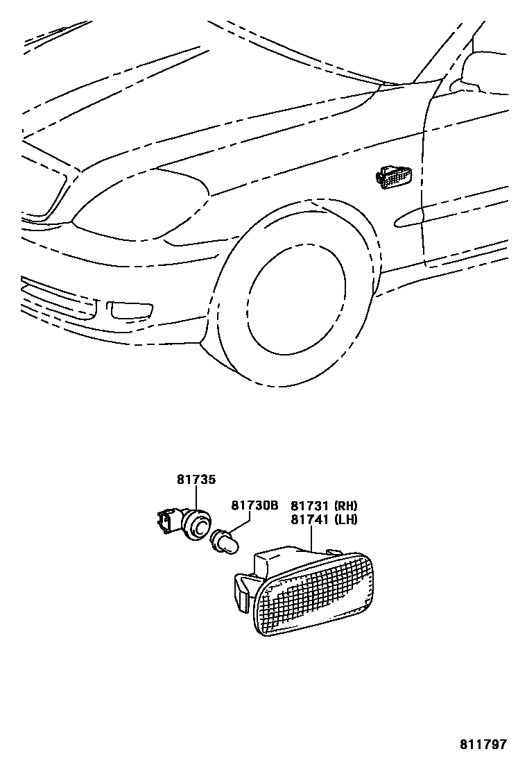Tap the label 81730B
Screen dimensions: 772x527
(x=254, y=506)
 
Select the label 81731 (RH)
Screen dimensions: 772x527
(x=324, y=506)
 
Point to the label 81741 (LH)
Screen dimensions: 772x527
(x=324, y=519)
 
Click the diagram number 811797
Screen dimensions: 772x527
(x=483, y=745)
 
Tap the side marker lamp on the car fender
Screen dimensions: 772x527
(x=393, y=176)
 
